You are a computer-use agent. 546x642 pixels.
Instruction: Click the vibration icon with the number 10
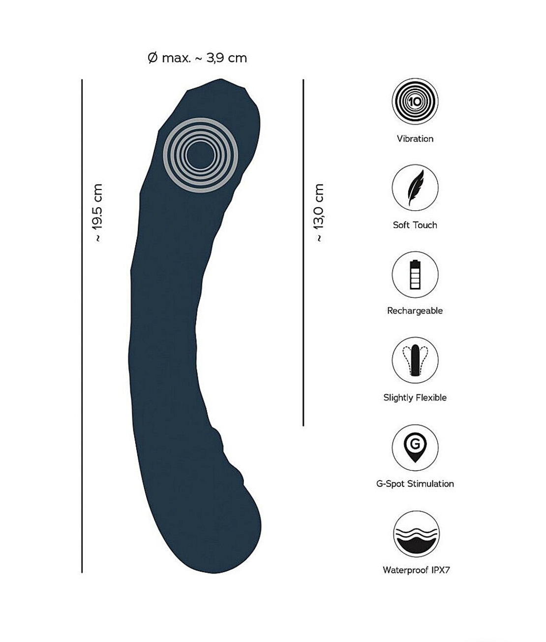coord(415,101)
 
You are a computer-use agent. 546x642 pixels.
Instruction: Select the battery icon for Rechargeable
coord(415,275)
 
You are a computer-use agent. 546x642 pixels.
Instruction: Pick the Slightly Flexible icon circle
coord(415,360)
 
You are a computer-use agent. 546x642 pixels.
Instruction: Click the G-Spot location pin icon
coord(415,448)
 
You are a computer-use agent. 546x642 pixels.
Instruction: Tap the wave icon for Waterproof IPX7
coord(416,534)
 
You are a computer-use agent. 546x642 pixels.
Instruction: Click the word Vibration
coord(415,138)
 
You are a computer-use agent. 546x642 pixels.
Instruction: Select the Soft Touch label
coord(415,225)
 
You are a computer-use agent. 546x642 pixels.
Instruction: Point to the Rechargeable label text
coord(415,311)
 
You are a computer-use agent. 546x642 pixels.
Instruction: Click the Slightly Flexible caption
coord(415,398)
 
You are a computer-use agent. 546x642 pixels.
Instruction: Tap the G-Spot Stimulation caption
coord(415,483)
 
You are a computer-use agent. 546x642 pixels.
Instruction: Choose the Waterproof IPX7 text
coord(416,570)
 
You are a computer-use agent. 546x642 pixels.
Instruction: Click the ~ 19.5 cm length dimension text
coord(97,213)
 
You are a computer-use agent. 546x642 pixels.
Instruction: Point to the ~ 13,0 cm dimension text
coord(319,213)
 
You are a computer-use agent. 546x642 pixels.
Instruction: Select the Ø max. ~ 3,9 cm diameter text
coord(197,58)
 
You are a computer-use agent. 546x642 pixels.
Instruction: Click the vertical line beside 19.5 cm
coord(82,326)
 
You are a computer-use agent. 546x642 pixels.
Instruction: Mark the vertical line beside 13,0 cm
coord(303,253)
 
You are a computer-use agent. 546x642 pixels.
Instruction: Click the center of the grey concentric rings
coord(201,155)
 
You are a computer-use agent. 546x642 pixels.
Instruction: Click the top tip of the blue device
coord(221,80)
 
